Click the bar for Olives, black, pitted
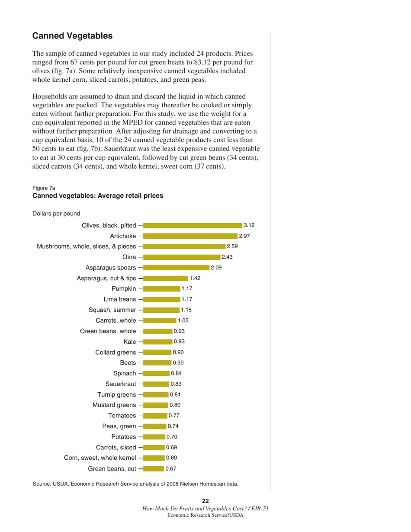[x=193, y=225]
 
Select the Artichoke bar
[x=190, y=236]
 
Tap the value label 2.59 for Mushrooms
[x=232, y=247]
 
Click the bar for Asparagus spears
[x=176, y=268]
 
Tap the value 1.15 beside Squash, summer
[x=186, y=310]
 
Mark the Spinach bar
[x=156, y=373]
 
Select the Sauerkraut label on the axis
[x=121, y=384]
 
